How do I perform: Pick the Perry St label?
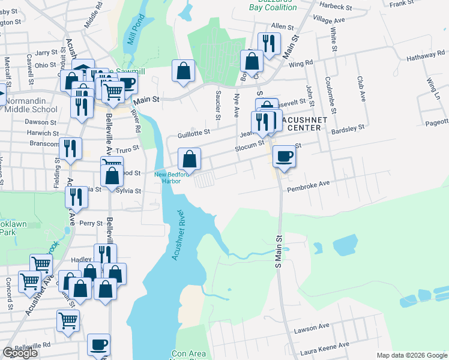tap(91, 223)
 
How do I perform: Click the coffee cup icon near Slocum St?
tap(284, 157)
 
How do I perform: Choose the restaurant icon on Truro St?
tap(71, 148)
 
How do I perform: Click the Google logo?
tap(20, 353)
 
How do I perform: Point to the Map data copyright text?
tap(412, 355)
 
